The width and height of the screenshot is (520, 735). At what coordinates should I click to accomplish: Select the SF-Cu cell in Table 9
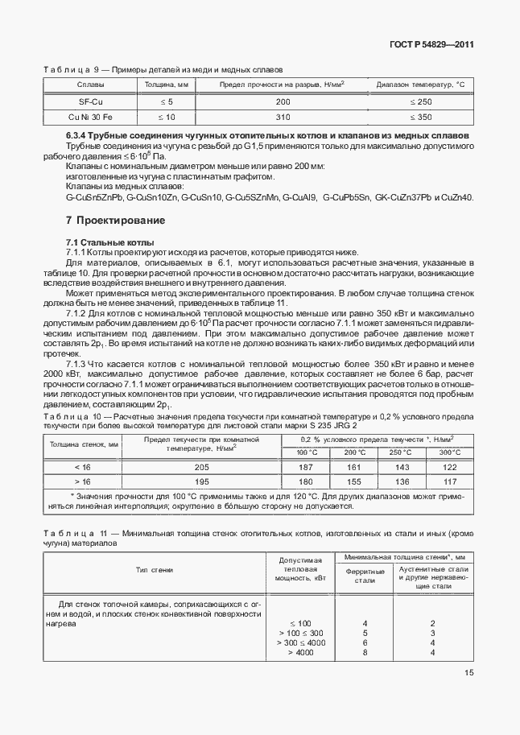(x=89, y=102)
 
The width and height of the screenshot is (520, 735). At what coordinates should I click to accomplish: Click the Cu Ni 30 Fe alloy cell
(x=89, y=117)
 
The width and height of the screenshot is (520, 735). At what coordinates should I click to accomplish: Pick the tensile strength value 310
(x=283, y=117)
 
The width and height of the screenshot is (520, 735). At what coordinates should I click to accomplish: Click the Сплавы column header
(x=89, y=85)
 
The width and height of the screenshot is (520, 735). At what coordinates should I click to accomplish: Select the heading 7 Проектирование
(x=115, y=220)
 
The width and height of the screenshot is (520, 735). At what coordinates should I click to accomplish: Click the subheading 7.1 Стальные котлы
(x=109, y=242)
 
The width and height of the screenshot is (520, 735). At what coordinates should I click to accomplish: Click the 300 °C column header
(x=450, y=452)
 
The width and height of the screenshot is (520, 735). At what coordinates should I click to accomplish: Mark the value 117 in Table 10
(x=450, y=482)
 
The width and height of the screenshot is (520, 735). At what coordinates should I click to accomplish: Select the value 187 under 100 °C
(x=307, y=468)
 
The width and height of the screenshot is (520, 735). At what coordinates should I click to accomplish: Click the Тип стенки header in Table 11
(x=155, y=570)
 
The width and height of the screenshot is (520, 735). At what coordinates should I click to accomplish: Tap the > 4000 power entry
(x=299, y=652)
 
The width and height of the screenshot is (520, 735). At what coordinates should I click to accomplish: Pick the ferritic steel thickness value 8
(x=365, y=652)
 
